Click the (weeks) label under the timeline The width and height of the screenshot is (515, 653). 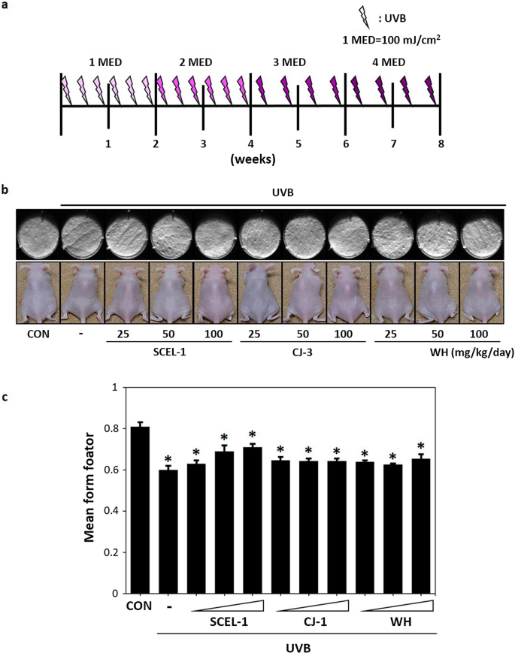pos(252,159)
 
